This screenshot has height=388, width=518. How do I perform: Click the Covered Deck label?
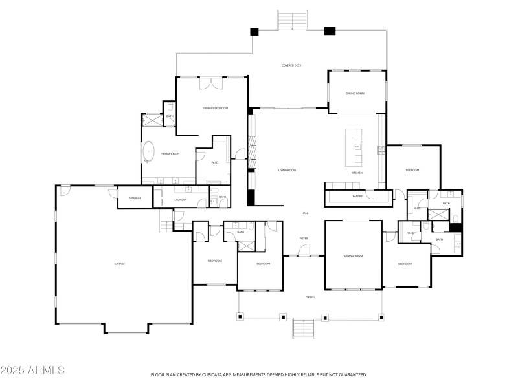[x=291, y=65]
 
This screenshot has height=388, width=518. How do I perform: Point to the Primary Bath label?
[x=170, y=153]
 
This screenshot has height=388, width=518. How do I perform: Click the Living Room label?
[x=287, y=170]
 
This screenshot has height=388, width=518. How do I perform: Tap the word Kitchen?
[x=357, y=173]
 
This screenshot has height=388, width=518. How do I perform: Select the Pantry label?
[x=357, y=196]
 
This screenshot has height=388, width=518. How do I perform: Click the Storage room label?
[x=135, y=198]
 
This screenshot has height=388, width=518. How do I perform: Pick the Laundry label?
[x=181, y=200]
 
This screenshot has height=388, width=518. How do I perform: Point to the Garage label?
[x=119, y=264]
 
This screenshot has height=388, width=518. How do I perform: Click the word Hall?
[x=304, y=213]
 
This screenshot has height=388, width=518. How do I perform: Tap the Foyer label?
[x=303, y=239]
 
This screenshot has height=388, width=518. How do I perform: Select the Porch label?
[x=310, y=297]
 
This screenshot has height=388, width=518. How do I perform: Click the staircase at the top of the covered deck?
[x=291, y=20]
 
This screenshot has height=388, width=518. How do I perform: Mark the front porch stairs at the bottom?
[x=303, y=329]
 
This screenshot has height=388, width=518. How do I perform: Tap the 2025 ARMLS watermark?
[x=32, y=371]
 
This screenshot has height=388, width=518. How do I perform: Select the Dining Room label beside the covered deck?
[x=355, y=94]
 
